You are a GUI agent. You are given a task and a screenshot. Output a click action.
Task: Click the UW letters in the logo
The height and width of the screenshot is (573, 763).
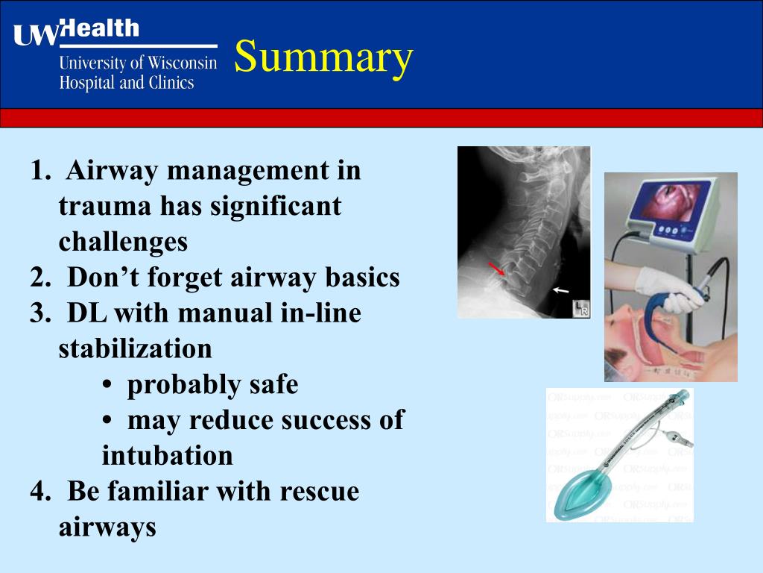(x=35, y=34)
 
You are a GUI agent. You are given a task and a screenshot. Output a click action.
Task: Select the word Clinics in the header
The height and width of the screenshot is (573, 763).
(x=170, y=83)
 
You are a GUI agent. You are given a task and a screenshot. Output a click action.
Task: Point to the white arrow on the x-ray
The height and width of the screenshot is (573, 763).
(x=561, y=289)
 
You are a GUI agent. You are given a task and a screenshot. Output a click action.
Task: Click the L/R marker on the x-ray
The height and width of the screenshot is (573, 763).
(x=580, y=309)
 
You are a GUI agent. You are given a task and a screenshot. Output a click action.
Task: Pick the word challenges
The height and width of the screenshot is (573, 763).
(x=123, y=242)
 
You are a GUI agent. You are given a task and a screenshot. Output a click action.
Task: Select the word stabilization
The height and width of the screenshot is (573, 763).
(x=135, y=349)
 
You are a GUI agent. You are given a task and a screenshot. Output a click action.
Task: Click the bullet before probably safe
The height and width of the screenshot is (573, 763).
(x=107, y=386)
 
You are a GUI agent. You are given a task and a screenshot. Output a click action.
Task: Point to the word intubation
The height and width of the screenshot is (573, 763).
(x=167, y=456)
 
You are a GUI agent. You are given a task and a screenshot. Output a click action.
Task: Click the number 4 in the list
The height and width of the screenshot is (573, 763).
(x=39, y=492)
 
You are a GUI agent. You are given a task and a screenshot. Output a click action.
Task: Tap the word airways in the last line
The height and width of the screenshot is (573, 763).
(x=107, y=527)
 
